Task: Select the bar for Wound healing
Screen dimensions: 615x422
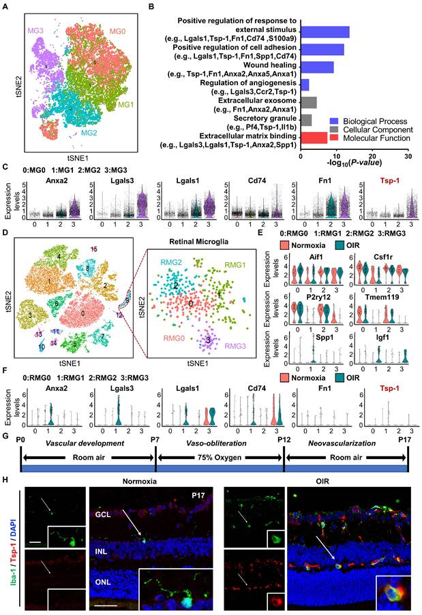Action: click(x=317, y=67)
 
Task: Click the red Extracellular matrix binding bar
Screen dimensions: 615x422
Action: click(x=323, y=138)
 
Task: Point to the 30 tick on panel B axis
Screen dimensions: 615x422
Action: click(x=407, y=155)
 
